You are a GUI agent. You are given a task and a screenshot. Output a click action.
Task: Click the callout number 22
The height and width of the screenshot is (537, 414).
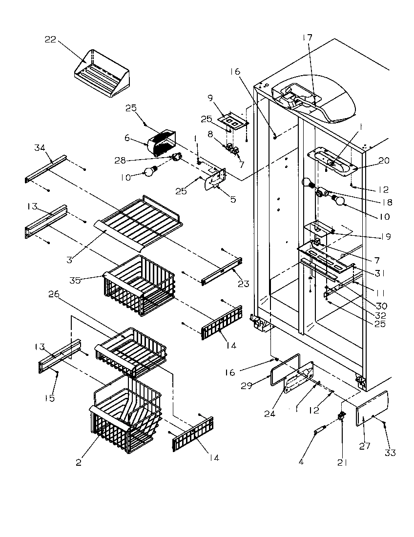(x=50, y=40)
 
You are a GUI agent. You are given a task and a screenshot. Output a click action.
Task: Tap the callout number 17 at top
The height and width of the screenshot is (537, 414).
(x=308, y=38)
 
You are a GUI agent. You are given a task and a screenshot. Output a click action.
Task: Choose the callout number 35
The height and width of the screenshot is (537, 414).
(x=75, y=280)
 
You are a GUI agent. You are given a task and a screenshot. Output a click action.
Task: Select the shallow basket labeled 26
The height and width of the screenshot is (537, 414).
(x=132, y=347)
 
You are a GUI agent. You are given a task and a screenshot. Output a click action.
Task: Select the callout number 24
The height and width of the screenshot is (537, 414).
(x=269, y=413)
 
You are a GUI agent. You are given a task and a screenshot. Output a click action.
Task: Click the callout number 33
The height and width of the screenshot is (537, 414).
(x=390, y=453)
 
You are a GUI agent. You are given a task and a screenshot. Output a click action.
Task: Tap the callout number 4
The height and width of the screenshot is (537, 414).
(x=301, y=461)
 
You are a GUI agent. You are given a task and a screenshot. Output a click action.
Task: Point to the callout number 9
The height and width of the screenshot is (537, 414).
(x=210, y=98)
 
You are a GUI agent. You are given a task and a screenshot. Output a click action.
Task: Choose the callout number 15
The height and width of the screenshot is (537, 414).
(x=50, y=398)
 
